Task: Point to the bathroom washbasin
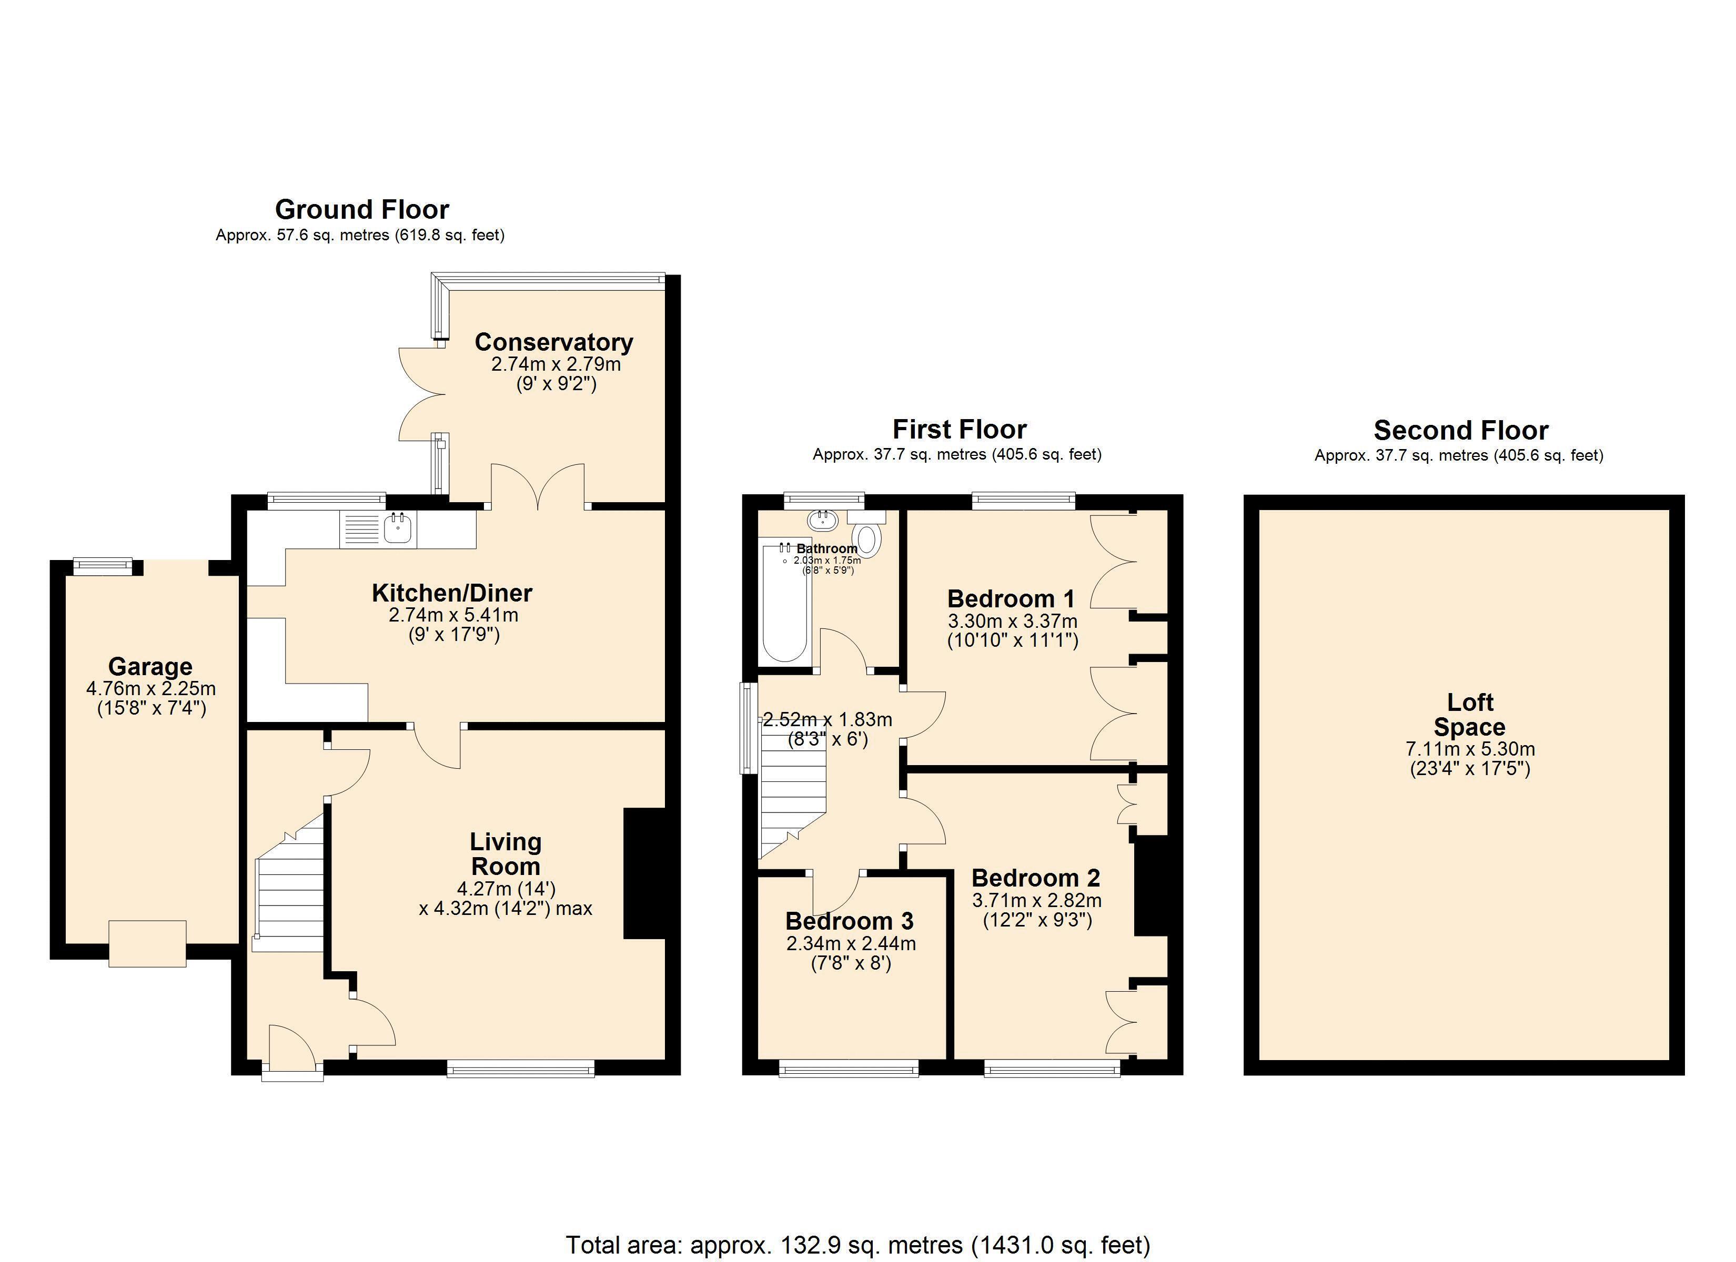[x=823, y=521]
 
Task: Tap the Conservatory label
[x=554, y=342]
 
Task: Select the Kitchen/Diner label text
[x=452, y=593]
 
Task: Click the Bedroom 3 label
[x=850, y=921]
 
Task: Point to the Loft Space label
[x=1470, y=714]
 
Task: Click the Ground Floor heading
[x=362, y=209]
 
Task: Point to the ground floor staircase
[x=288, y=882]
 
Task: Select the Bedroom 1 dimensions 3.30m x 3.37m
[x=1013, y=620]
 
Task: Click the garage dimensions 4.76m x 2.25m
[x=151, y=688]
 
